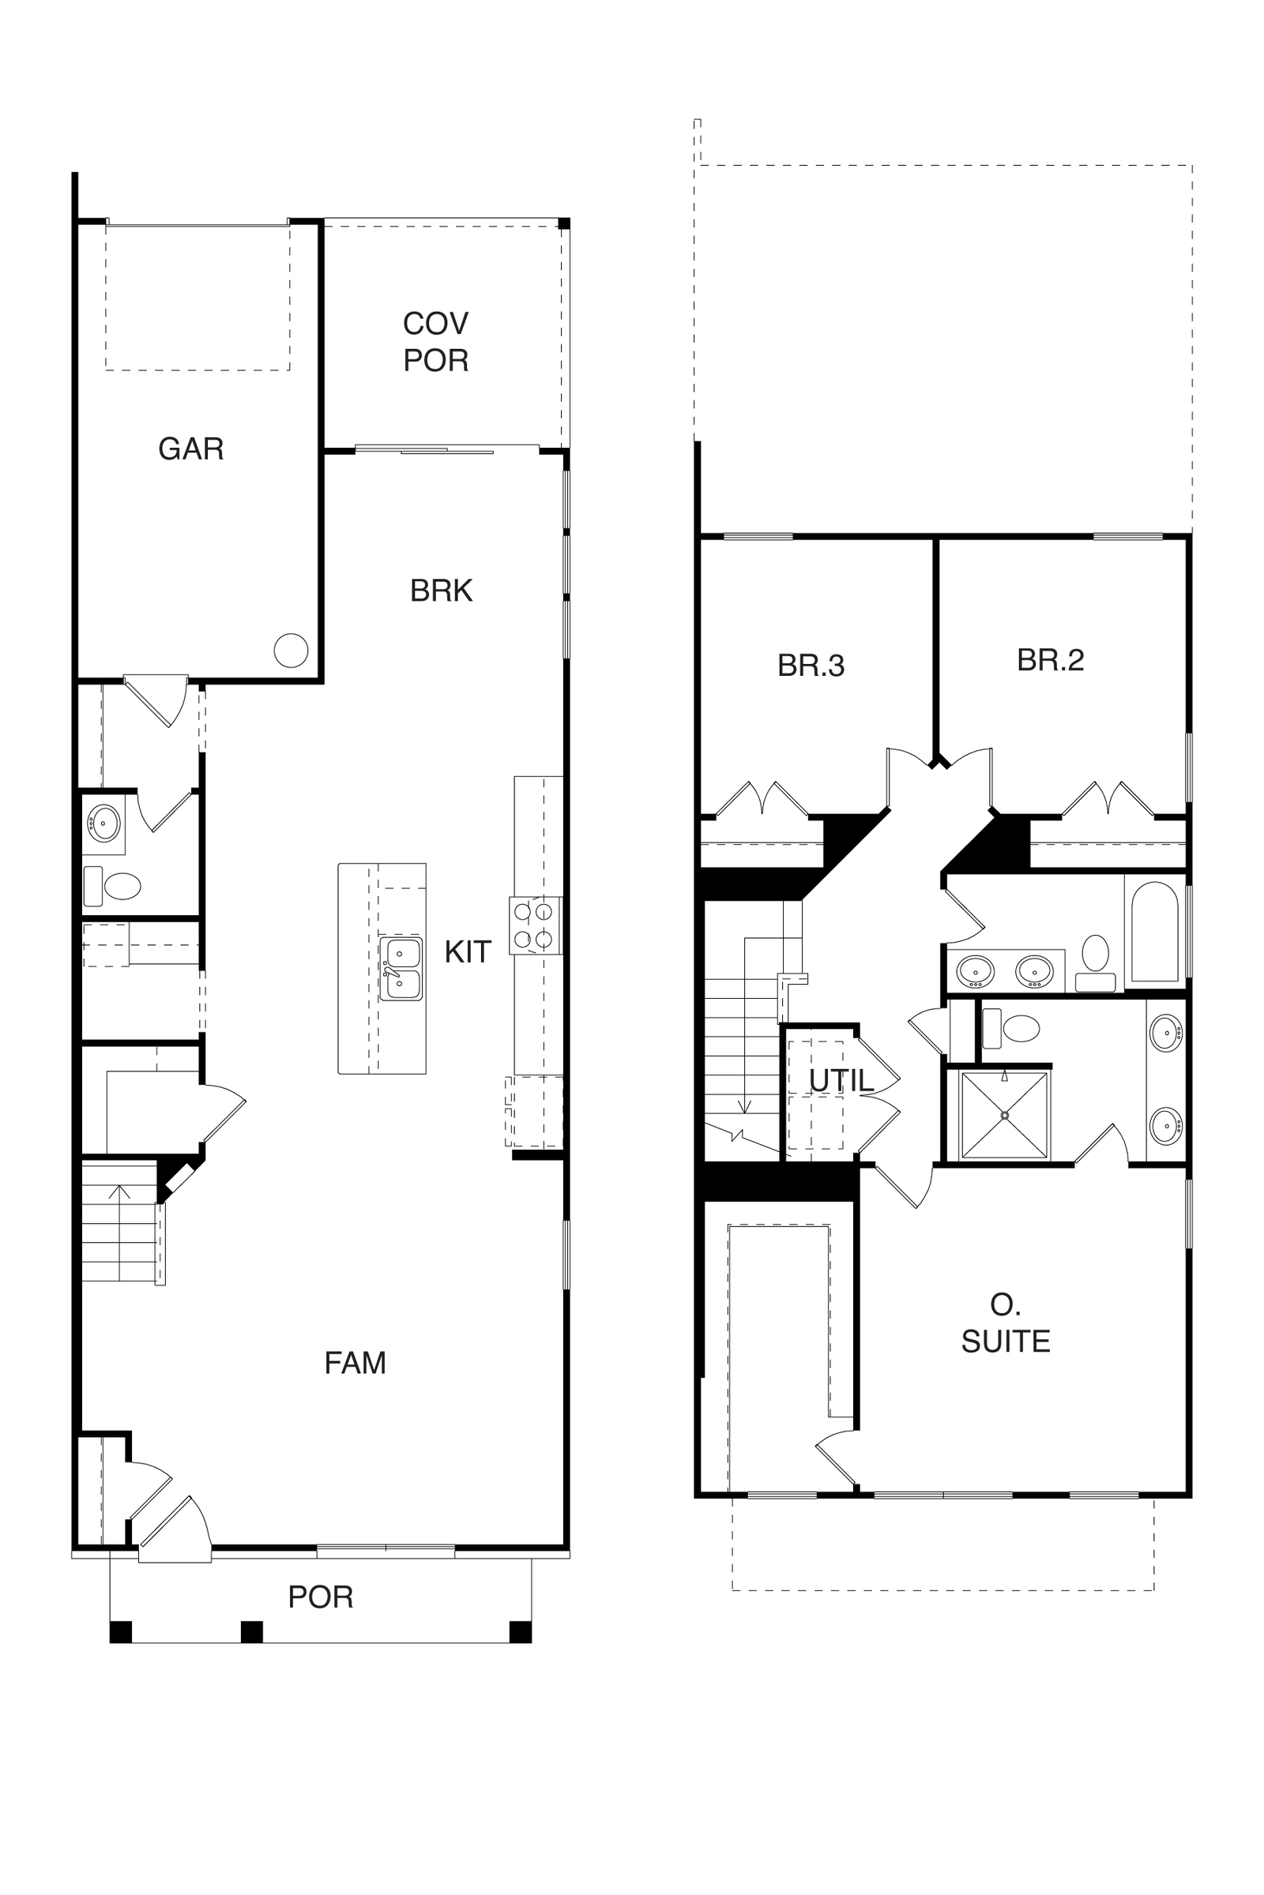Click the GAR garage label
tap(191, 448)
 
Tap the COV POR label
tap(435, 342)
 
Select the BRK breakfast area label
tap(441, 591)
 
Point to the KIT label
tap(468, 951)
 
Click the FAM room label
tap(355, 1363)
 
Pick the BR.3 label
tap(811, 666)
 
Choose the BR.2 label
tap(1051, 660)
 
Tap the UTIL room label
tap(841, 1080)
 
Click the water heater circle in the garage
tap(291, 650)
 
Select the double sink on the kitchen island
tap(401, 969)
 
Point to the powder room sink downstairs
tap(104, 823)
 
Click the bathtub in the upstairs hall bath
tap(1155, 932)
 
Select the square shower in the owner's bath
tap(1005, 1115)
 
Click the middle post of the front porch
tap(252, 1631)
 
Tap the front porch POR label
tap(321, 1596)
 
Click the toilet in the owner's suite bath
tap(1012, 1029)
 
